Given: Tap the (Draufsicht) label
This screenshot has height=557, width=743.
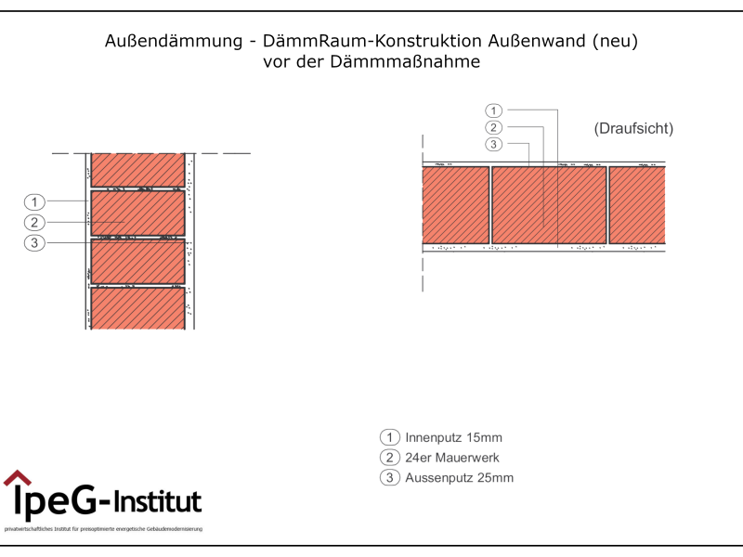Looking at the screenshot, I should tap(633, 128).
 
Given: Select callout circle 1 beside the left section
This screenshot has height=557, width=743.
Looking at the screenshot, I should tap(34, 201).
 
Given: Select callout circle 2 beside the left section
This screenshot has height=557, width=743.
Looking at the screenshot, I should tap(34, 222).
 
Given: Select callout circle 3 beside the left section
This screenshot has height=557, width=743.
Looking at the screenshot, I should tap(34, 242).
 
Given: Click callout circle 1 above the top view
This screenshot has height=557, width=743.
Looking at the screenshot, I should tap(494, 110).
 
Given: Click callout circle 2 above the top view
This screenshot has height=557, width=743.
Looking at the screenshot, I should tap(494, 127).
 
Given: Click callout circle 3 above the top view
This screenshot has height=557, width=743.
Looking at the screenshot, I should tap(494, 144).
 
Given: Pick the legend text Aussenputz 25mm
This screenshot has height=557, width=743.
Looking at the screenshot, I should tap(459, 478).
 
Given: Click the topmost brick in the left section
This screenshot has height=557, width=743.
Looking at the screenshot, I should tap(138, 169).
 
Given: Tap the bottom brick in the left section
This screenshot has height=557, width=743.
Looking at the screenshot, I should tap(138, 308).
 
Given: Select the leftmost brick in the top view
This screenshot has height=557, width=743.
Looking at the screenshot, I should tap(455, 205).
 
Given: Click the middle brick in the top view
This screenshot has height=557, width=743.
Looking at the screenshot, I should tap(548, 205).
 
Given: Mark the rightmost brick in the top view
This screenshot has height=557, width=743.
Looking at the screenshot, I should tap(637, 205).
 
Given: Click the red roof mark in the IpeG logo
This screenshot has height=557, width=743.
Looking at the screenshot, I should tap(16, 478).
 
